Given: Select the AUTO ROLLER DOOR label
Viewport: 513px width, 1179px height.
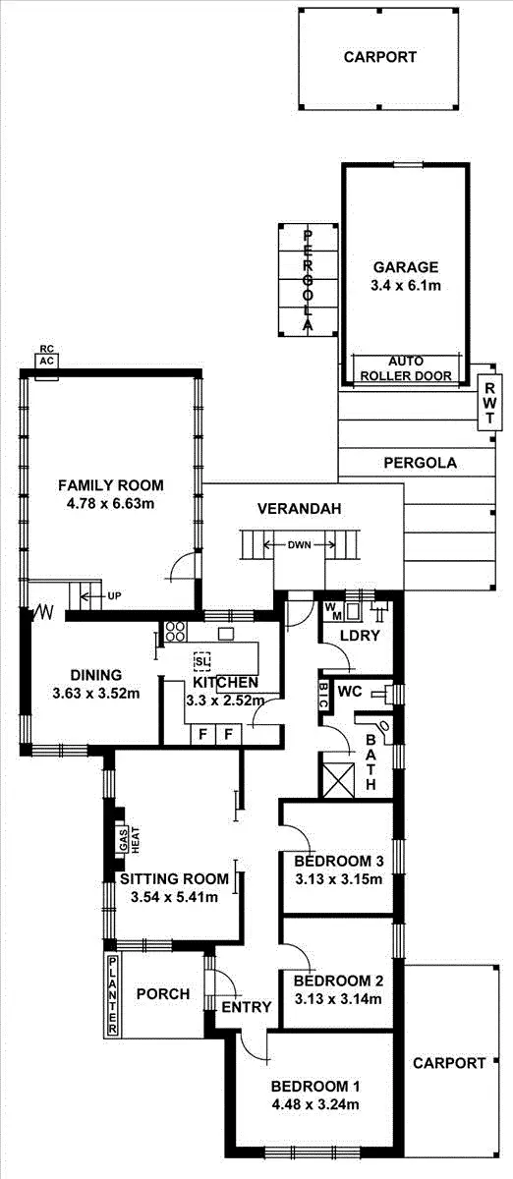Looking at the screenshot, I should (x=406, y=368).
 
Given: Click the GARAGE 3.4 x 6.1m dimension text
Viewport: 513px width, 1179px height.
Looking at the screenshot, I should (x=406, y=286).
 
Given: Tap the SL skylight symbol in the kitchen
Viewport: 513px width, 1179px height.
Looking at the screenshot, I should (x=201, y=660).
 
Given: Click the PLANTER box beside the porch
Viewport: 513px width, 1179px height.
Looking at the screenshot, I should (x=113, y=994).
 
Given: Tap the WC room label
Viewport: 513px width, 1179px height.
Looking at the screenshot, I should (x=351, y=692).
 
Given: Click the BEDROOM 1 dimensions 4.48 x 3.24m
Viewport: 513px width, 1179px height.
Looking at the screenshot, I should (x=314, y=1104).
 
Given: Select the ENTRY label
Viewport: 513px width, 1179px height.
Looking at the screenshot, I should (x=246, y=1007).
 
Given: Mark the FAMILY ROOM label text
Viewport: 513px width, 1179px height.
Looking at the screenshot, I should (x=110, y=485).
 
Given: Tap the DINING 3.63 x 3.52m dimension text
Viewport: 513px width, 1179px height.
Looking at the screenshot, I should (x=95, y=693).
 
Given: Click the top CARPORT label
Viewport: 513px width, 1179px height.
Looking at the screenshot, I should (x=379, y=57).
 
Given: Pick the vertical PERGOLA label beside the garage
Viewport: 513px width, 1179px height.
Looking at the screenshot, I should (x=308, y=280).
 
